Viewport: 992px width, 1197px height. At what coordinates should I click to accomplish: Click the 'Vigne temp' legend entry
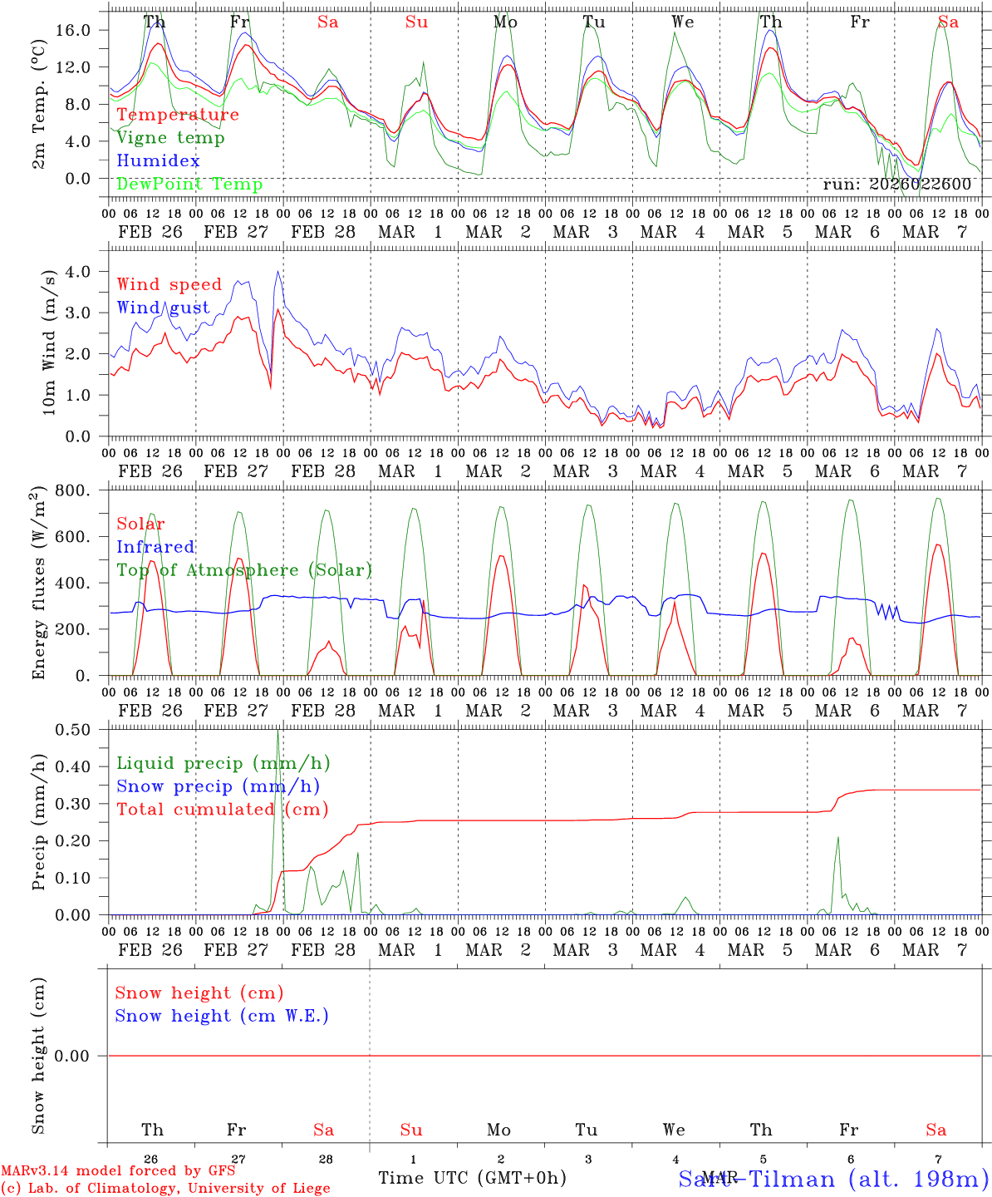pos(170,138)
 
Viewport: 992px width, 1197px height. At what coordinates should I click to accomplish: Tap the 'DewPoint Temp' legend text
pos(189,184)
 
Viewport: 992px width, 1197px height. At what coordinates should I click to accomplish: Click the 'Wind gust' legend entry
pos(164,308)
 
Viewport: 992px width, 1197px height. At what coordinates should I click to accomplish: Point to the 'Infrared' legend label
pos(155,547)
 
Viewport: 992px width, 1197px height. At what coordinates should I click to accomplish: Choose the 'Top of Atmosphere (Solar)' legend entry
pos(244,570)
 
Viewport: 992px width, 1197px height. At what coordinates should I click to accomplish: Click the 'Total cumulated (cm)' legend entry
pos(223,809)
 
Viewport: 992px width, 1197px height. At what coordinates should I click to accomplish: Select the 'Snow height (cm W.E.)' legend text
pos(222,1016)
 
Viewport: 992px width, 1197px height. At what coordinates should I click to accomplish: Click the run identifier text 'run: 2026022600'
pos(897,185)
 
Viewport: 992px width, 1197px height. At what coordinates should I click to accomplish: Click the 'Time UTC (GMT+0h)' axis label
pos(472,1178)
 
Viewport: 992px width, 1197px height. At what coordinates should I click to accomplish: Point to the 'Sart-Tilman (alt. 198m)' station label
pos(832,1179)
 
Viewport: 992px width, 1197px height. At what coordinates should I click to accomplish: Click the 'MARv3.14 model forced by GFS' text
pos(118,1170)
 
